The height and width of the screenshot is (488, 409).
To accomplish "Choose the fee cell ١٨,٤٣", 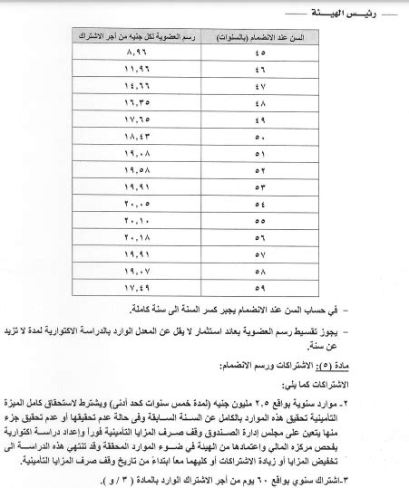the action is [x=136, y=136].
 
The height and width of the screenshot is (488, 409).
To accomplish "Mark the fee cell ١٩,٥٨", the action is [x=136, y=169].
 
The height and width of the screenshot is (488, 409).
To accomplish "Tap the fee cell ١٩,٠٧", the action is [x=136, y=270].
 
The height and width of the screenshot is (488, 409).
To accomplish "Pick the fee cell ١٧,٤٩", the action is [x=136, y=287].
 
